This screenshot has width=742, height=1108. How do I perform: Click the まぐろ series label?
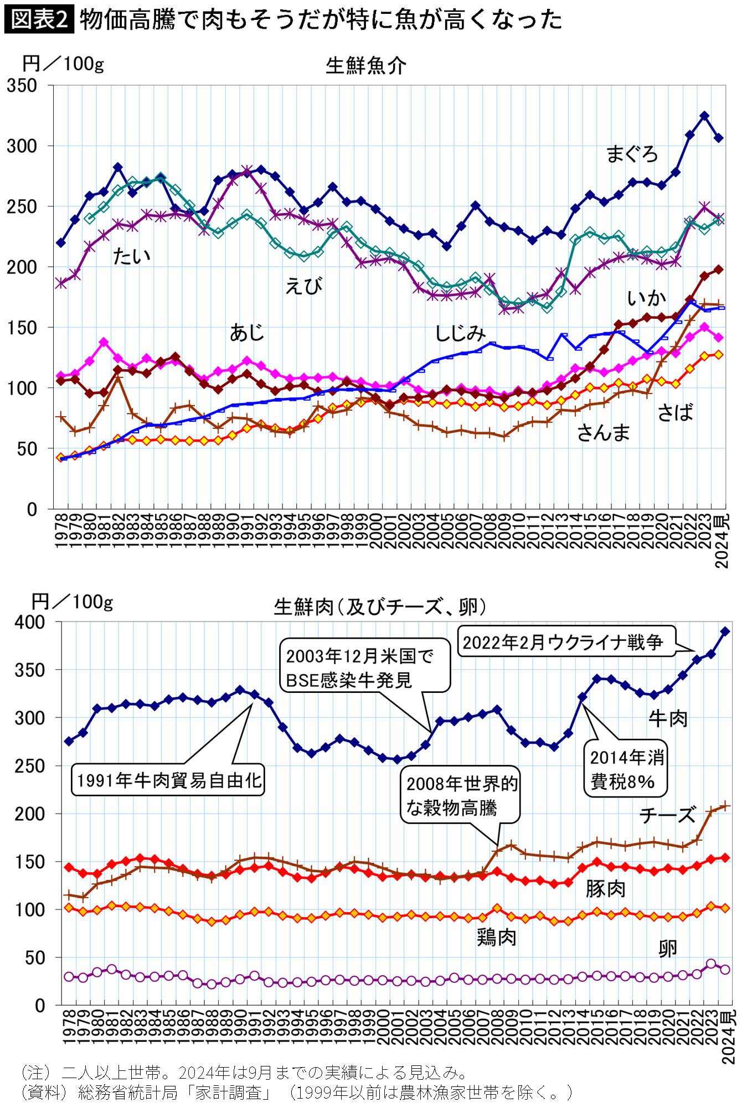(632, 154)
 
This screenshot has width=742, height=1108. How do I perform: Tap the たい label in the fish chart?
(131, 256)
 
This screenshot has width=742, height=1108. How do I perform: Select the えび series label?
(303, 286)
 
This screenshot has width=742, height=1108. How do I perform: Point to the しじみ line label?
(460, 333)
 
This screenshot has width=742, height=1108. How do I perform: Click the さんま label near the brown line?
(604, 432)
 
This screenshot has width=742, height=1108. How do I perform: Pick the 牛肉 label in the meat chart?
(668, 719)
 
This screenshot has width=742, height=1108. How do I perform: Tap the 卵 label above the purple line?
(668, 948)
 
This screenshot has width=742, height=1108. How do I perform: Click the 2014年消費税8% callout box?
(627, 769)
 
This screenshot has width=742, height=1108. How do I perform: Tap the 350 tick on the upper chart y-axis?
(22, 86)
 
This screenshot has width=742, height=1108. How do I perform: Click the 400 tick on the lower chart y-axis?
(30, 622)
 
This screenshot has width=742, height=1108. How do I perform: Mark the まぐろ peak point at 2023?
(704, 116)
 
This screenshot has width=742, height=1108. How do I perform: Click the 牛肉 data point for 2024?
(725, 631)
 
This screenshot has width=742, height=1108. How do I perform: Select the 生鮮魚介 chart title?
(365, 66)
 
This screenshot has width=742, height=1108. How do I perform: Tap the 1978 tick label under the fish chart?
(61, 531)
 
